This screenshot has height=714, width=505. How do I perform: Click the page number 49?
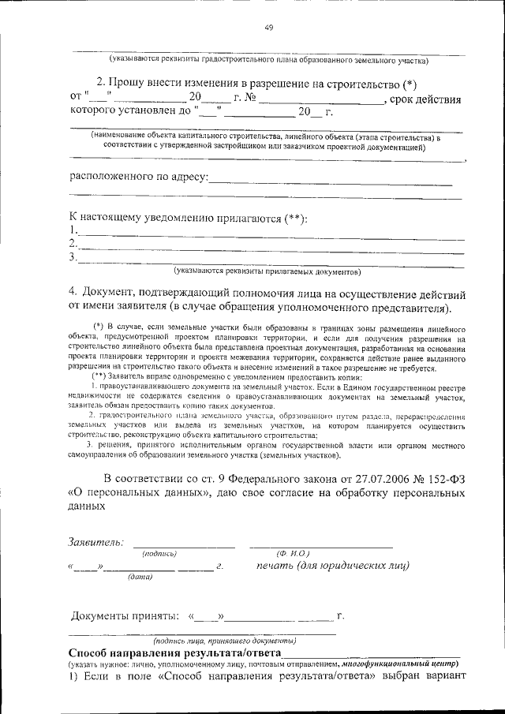[x=268, y=29]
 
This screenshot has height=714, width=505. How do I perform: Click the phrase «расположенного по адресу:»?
[x=139, y=178]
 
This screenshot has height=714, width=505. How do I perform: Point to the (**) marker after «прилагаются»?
[x=296, y=217]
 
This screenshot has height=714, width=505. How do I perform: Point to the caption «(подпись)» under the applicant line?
[x=159, y=555]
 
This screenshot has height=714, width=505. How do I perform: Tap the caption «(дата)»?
[x=140, y=577]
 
